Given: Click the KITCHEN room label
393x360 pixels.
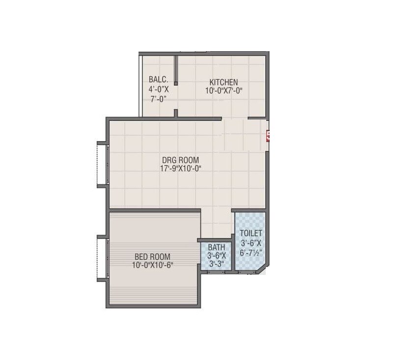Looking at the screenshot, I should (x=224, y=82).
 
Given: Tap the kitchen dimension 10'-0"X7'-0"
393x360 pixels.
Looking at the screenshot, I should (x=224, y=90).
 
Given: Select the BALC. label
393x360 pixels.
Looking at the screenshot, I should (x=159, y=79).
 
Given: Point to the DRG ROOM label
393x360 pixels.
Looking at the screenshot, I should (x=181, y=160).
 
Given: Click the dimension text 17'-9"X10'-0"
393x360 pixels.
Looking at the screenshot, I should (x=181, y=168).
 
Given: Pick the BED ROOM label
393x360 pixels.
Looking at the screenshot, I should (x=152, y=256).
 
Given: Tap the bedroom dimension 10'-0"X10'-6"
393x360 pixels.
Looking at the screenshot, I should (x=152, y=265).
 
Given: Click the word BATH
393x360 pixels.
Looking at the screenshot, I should (x=216, y=247).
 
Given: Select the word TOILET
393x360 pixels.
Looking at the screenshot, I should (x=251, y=233).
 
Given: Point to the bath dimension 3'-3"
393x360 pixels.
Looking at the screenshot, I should (x=216, y=264).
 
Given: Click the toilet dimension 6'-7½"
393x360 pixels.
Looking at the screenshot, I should (x=251, y=252).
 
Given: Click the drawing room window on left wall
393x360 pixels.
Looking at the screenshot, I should (x=102, y=164).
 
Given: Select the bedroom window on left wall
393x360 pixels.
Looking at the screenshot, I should (x=102, y=258).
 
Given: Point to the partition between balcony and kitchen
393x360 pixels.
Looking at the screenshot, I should (x=176, y=71).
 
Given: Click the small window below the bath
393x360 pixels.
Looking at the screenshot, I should (x=216, y=271).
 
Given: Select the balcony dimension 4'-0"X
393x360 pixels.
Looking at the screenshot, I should (x=159, y=90).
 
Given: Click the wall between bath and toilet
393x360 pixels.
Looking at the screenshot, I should (x=233, y=253).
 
